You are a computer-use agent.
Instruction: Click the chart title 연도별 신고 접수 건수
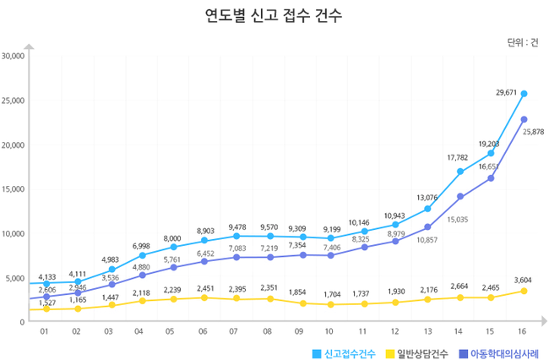pos(274,15)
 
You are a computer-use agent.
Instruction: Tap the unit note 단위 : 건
pos(522,41)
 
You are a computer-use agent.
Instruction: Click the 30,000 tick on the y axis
pos(13,57)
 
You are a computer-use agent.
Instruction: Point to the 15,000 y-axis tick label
pos(13,189)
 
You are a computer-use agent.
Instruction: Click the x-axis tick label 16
pos(524,332)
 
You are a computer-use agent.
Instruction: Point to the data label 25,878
pos(533,132)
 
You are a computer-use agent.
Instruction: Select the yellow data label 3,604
pos(524,280)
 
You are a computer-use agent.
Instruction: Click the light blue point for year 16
pos(524,94)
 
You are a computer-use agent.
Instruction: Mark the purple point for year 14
pos(460,196)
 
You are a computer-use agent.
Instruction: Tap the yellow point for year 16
pos(524,291)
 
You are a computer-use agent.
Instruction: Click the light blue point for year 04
pos(142,255)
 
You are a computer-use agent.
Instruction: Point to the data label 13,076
pos(427,198)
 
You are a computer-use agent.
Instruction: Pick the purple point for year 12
pos(396,242)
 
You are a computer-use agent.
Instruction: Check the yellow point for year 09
pos(301,303)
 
